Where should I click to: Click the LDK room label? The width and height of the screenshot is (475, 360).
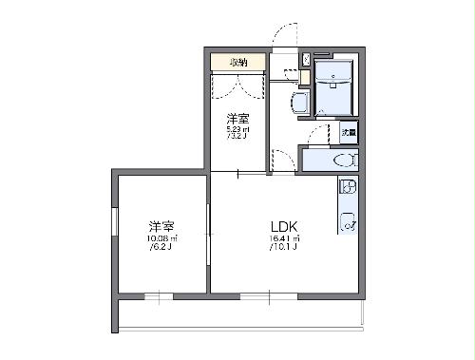tap(286, 226)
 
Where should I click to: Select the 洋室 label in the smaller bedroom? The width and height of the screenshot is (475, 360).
tap(237, 119)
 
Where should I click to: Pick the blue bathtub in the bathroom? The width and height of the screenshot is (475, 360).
tap(335, 91)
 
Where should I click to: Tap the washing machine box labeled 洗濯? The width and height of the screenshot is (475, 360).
tap(349, 133)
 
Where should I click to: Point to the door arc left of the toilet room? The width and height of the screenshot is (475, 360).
tap(283, 159)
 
